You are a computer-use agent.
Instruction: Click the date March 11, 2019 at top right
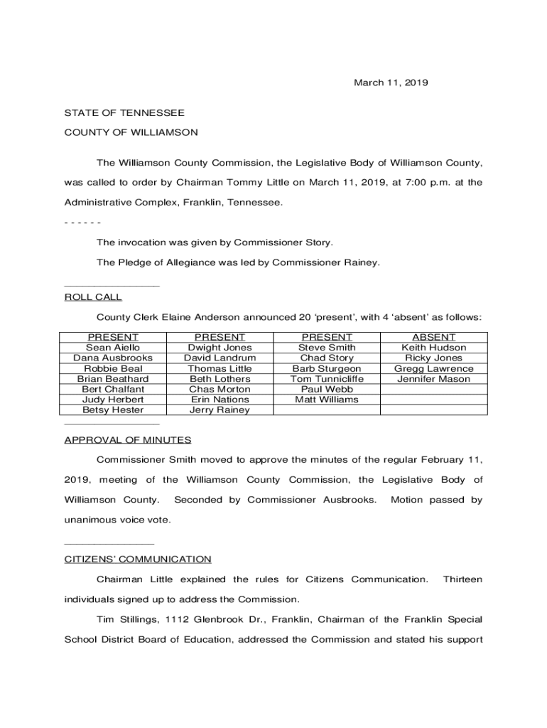[391, 83]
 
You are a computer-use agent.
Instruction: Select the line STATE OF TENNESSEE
[124, 113]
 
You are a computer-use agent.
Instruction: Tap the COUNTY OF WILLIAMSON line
[131, 132]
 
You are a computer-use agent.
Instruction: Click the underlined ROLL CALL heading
[93, 297]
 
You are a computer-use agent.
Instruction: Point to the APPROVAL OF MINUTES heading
[128, 440]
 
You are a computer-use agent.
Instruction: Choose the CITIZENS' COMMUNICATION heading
[138, 560]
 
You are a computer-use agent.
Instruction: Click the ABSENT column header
[434, 337]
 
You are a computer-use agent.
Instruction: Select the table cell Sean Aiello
[113, 348]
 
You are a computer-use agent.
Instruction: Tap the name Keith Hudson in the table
[434, 348]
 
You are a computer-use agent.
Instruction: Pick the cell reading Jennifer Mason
[434, 379]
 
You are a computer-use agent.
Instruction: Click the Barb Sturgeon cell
[327, 368]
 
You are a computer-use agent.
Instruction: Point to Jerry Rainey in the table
[220, 410]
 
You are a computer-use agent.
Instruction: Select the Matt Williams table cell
[327, 400]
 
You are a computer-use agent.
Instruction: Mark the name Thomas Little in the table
[220, 368]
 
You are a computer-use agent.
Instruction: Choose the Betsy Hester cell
[113, 410]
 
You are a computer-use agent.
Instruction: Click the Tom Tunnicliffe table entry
[327, 379]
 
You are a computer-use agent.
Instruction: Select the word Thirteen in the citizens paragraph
[462, 579]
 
